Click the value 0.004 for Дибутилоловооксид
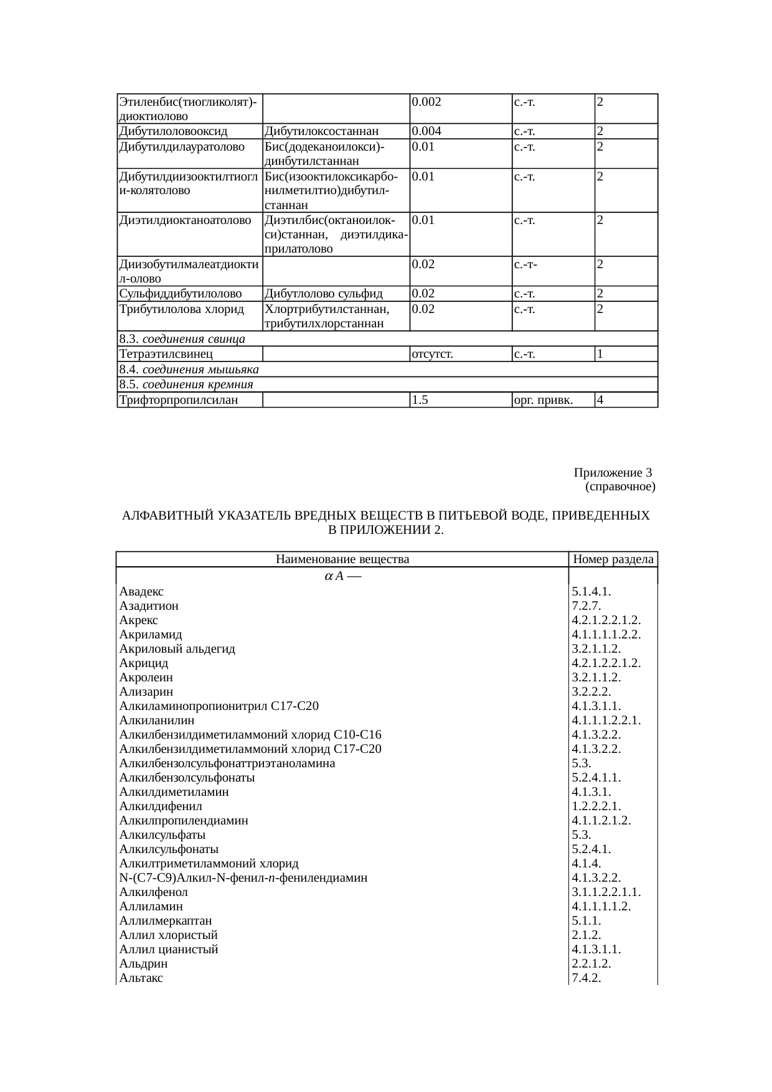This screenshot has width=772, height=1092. click(426, 131)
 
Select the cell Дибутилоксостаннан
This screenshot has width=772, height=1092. click(322, 131)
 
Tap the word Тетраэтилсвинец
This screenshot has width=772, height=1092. click(166, 355)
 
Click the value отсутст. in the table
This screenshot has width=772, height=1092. click(432, 355)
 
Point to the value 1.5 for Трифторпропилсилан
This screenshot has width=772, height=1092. click(420, 400)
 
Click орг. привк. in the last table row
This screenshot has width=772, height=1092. click(543, 400)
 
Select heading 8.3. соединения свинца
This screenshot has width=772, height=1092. click(182, 339)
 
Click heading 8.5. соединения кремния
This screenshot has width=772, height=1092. click(186, 385)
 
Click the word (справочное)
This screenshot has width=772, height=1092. click(620, 486)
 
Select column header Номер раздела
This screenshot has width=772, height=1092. click(613, 559)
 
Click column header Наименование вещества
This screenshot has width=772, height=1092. click(342, 559)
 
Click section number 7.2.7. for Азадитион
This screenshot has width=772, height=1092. click(586, 606)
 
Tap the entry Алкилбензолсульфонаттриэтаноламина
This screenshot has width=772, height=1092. click(227, 763)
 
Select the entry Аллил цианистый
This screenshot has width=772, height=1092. click(169, 950)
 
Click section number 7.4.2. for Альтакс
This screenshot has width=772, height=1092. click(586, 978)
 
